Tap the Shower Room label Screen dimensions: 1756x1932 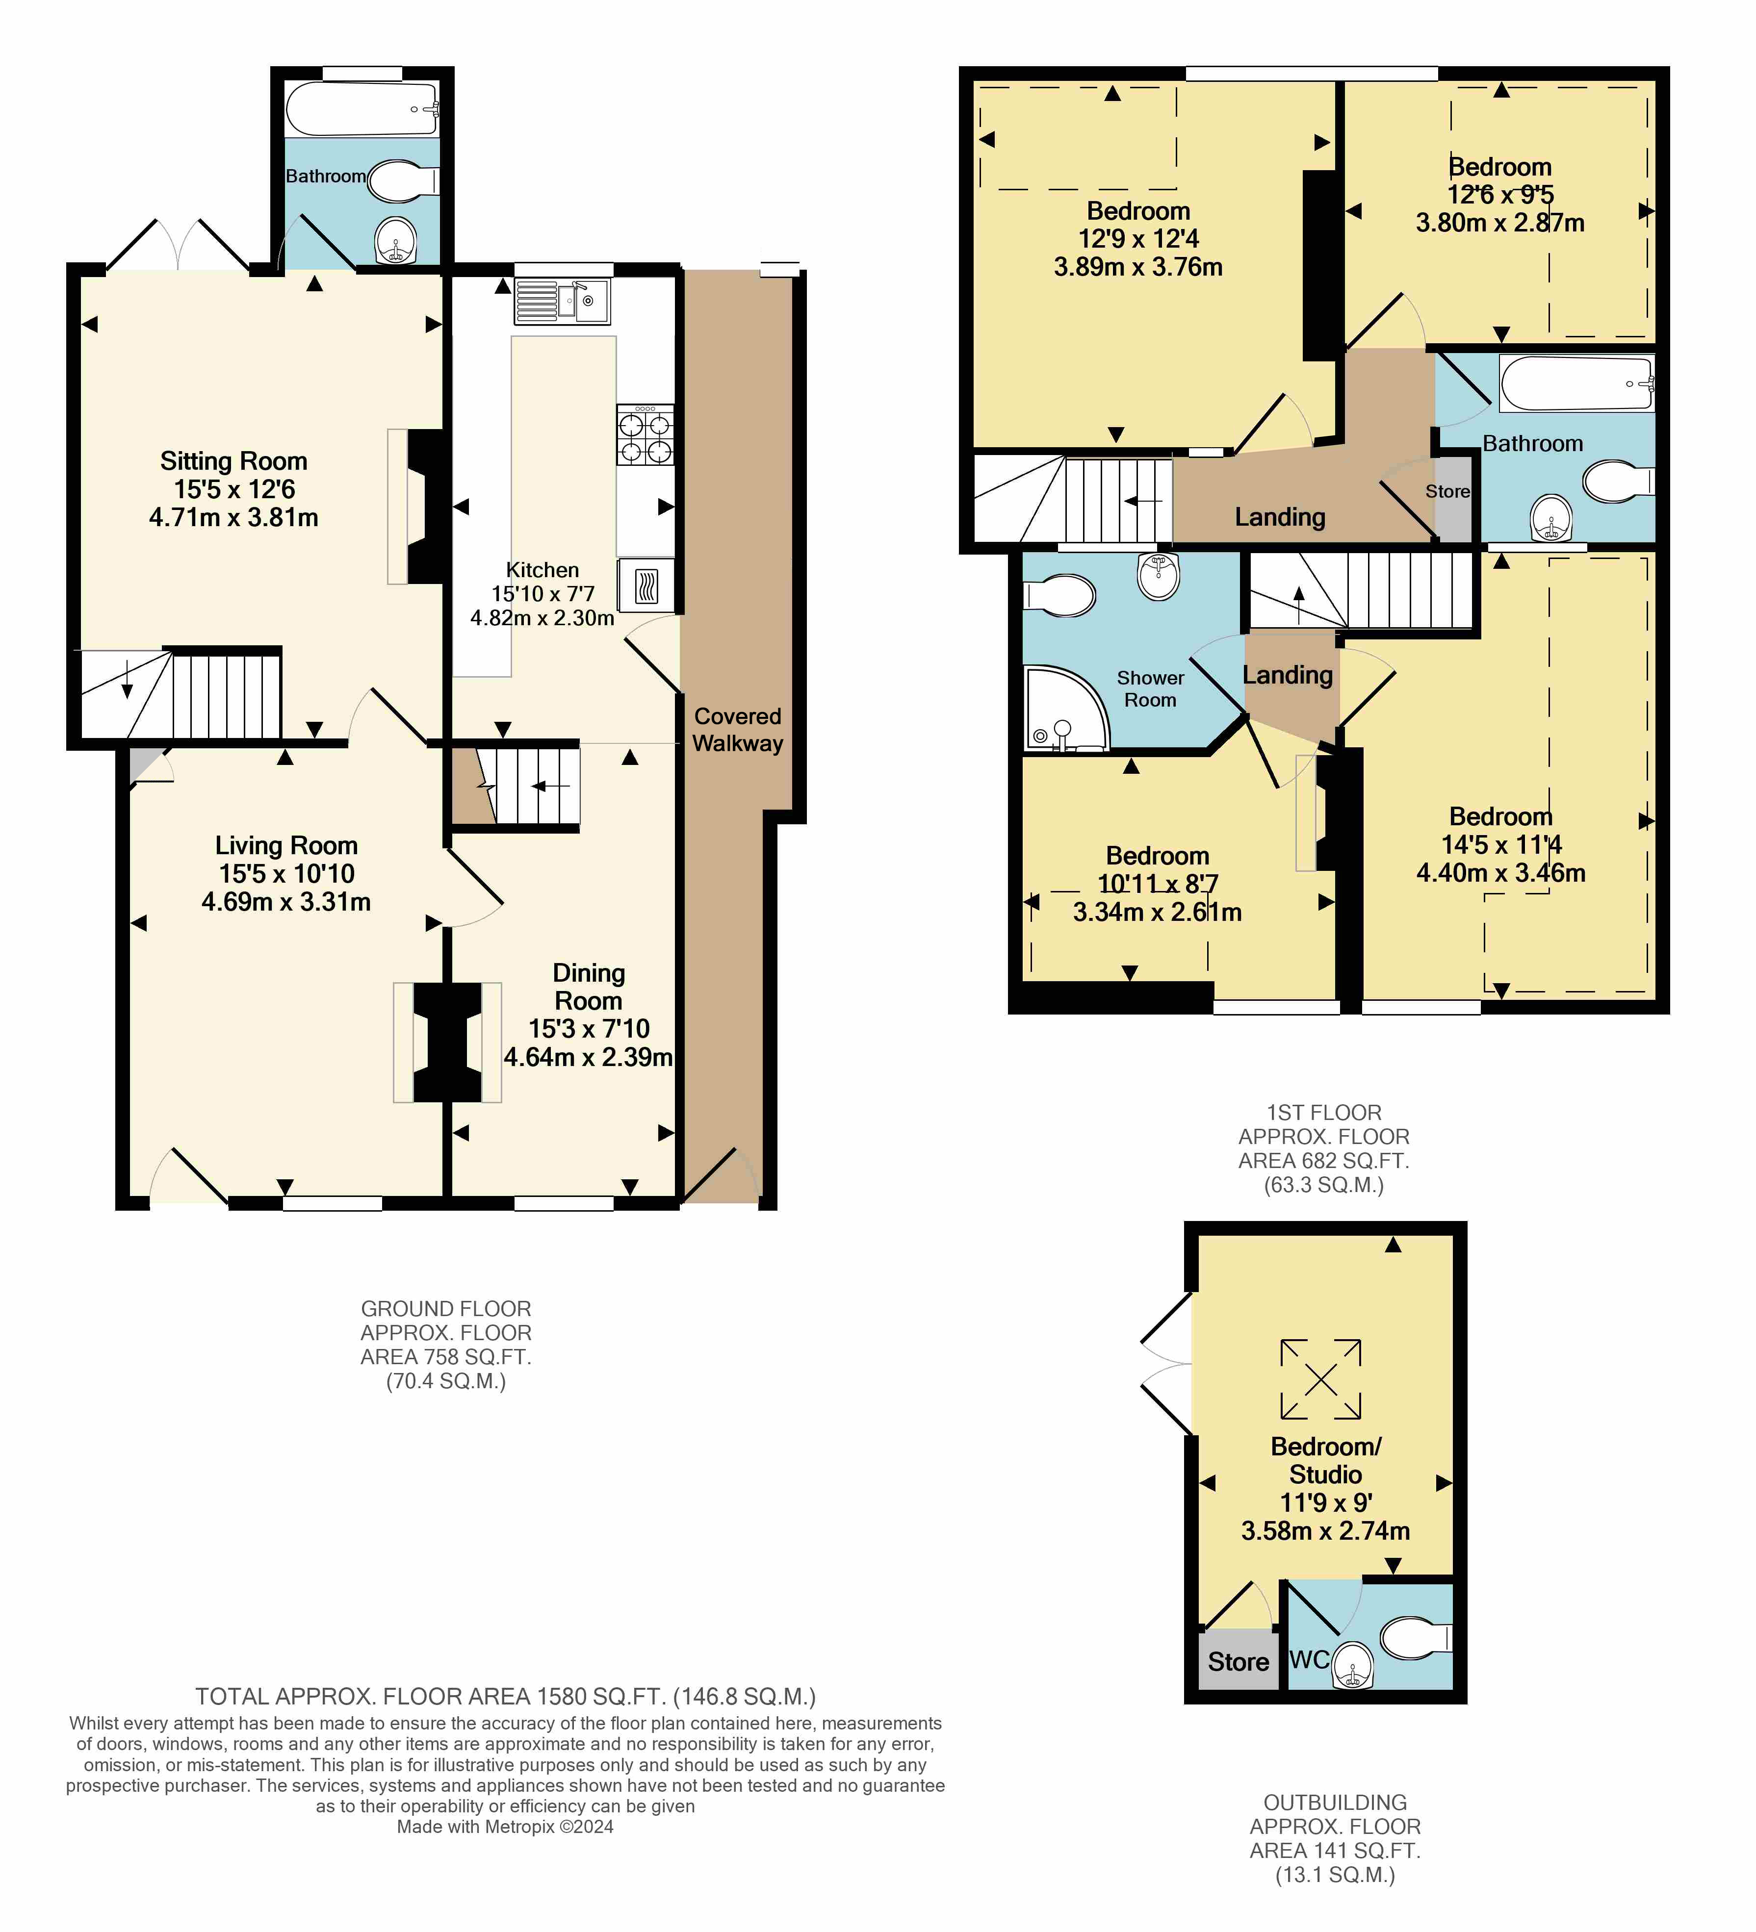1150,689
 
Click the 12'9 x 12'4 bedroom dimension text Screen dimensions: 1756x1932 1139,239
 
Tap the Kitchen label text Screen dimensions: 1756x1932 542,570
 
